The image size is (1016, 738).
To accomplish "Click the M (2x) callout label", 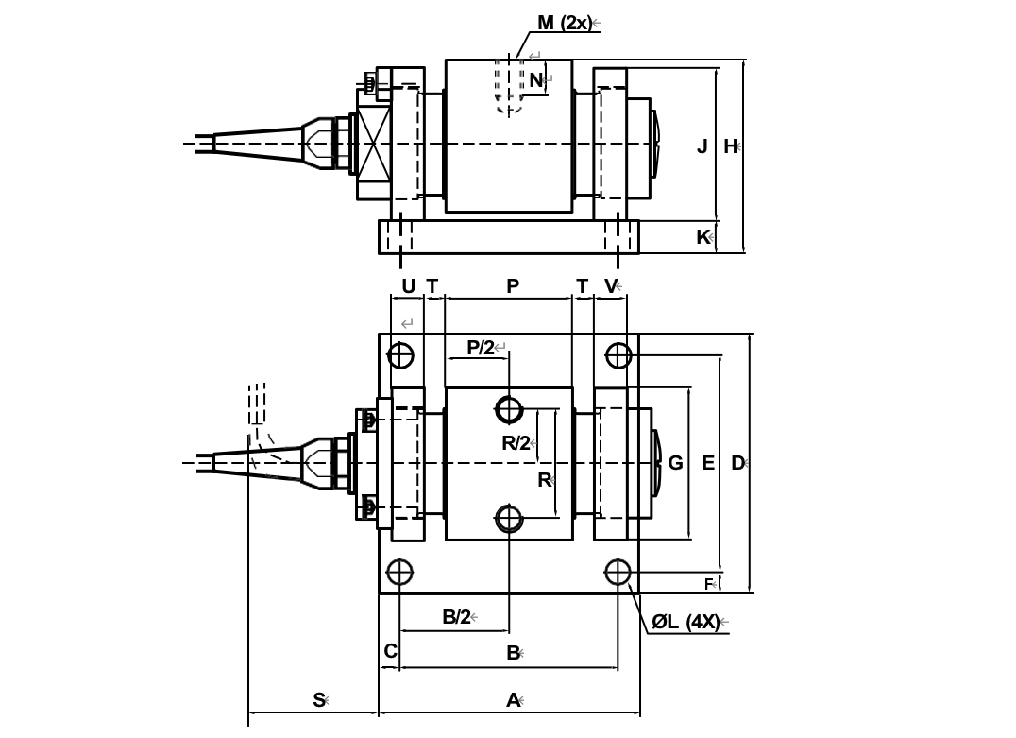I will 564,23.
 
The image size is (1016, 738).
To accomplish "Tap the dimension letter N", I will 535,81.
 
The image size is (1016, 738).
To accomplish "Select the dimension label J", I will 702,146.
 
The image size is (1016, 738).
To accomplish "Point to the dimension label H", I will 730,146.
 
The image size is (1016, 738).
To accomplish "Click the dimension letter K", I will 703,237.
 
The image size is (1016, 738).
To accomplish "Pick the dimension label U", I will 408,286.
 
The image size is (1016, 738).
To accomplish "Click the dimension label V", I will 610,286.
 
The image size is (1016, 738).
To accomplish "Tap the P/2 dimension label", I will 481,348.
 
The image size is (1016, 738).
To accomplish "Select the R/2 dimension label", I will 516,443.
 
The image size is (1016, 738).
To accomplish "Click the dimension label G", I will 675,463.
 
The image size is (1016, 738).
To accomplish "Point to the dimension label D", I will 737,463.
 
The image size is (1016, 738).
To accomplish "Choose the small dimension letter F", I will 708,585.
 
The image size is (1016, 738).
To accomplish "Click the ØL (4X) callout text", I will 685,622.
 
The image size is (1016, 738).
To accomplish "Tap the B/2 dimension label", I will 456,617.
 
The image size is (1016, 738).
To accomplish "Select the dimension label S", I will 319,700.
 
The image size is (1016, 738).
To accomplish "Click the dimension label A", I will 513,700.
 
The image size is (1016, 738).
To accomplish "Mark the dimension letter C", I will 390,651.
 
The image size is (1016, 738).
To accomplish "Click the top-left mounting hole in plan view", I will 400,355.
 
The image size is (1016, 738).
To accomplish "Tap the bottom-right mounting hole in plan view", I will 618,572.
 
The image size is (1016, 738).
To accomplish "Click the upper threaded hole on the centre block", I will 509,410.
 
